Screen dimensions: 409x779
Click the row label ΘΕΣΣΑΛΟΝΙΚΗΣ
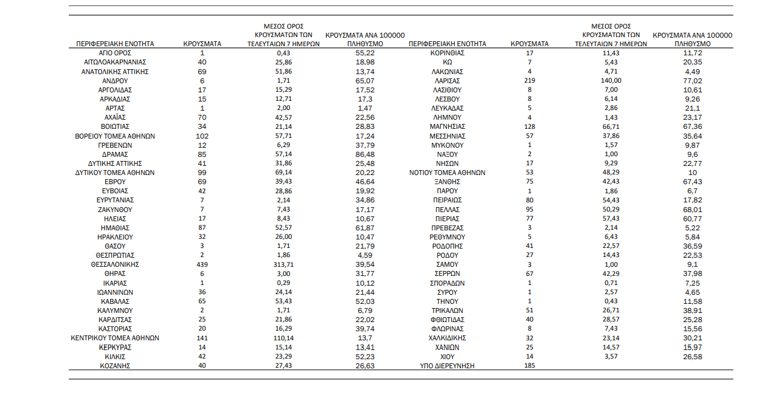pos(115,264)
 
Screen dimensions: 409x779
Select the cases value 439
pos(203,264)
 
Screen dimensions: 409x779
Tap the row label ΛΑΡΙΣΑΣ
pos(448,80)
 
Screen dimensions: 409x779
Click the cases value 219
pos(530,80)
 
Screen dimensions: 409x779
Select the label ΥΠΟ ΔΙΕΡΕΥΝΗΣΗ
pos(448,366)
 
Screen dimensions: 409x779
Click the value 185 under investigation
pos(530,366)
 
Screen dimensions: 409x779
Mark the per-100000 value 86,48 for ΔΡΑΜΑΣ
pos(365,154)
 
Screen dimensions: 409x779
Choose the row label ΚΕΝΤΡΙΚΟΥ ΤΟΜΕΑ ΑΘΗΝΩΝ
pos(115,338)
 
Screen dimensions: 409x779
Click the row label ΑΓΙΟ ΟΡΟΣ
pos(115,53)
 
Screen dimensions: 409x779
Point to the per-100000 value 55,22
pos(365,53)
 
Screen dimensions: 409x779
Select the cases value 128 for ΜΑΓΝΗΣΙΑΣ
pos(530,126)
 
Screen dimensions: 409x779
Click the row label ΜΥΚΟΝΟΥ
pos(448,145)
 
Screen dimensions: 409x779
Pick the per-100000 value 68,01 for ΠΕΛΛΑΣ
pos(693,209)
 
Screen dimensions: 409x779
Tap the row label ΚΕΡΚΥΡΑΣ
pos(115,347)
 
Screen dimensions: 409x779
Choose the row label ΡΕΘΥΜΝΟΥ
pos(448,236)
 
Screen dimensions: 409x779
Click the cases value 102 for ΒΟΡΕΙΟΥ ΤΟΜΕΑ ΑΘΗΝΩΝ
pos(203,136)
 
